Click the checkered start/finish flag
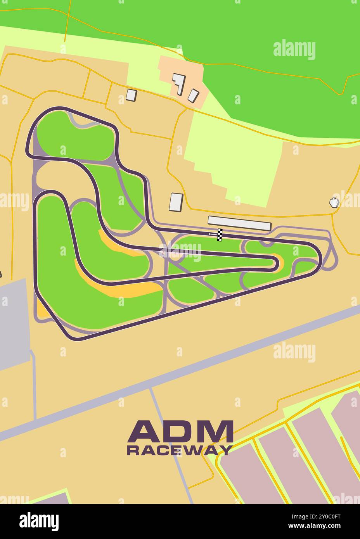[220, 235]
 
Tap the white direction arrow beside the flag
[213, 234]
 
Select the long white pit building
[239, 223]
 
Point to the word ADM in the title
[180, 431]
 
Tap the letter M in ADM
[216, 431]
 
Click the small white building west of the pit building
[176, 202]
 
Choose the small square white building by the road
[132, 95]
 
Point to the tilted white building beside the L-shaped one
[193, 95]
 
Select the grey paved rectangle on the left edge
[14, 322]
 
